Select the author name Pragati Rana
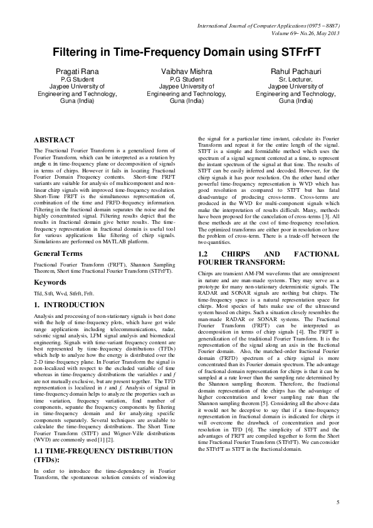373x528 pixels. coord(77,72)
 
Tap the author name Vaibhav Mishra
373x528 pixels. coord(186,72)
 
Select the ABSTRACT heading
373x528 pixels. coord(54,139)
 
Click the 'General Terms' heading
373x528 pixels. coord(58,253)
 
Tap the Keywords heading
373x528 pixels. coord(50,282)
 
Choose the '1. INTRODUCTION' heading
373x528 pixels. coord(69,305)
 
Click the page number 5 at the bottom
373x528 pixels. coord(337,502)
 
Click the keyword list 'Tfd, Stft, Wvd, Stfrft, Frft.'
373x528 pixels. coord(65,293)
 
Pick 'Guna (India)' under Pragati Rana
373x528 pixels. coord(77,100)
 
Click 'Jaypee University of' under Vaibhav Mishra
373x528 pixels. coord(186,87)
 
